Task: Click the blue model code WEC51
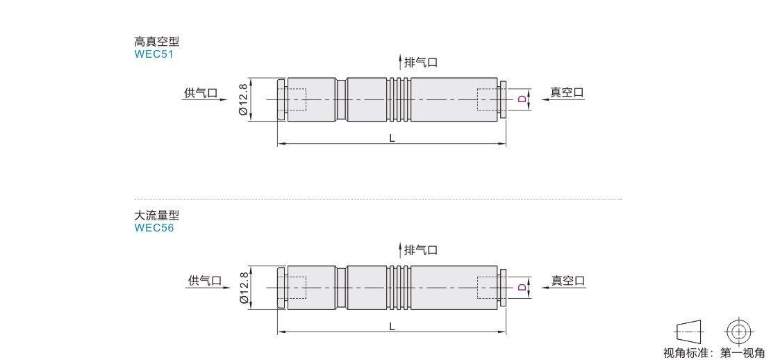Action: point(154,54)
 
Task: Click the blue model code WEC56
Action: point(154,228)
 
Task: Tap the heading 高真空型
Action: point(157,41)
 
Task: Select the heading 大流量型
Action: point(157,215)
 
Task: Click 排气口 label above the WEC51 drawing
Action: point(421,63)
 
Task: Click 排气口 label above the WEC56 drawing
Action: point(421,249)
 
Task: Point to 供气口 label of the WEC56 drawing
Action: point(204,280)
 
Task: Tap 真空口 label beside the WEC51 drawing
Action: point(567,92)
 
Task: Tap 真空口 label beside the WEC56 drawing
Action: point(568,280)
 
